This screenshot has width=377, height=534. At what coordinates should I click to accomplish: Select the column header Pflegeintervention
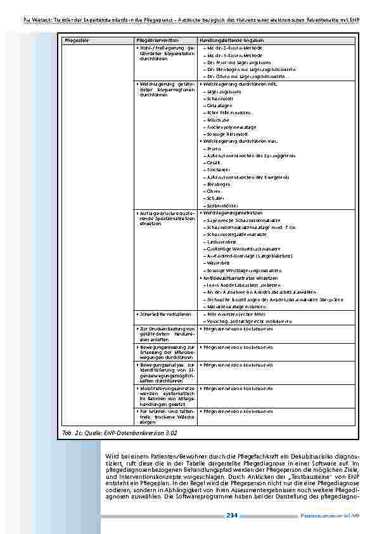point(156,41)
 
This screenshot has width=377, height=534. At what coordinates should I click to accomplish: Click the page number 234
point(232,516)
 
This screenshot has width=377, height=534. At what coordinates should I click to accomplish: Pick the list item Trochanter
point(219,170)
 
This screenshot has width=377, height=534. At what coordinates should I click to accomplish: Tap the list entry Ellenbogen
point(219,185)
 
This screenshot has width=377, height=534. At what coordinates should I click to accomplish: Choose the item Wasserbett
point(219,263)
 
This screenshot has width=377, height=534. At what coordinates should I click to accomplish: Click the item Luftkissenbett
point(221,242)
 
